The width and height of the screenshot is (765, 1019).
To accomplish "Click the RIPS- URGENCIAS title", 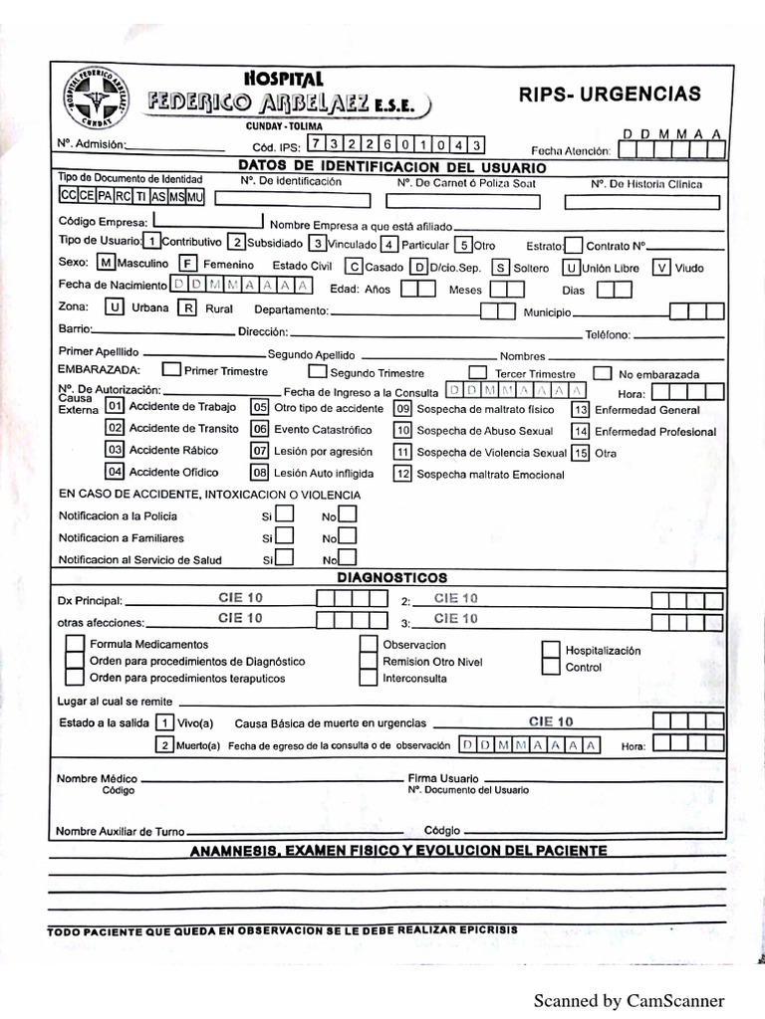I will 610,95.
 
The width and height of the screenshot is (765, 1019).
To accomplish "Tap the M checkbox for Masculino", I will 107,265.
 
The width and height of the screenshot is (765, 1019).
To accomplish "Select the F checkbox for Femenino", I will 186,265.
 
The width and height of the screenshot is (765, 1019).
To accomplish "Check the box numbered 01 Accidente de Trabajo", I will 115,407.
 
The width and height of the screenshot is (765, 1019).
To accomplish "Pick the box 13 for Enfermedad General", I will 580,409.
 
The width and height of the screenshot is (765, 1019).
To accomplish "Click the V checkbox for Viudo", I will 661,267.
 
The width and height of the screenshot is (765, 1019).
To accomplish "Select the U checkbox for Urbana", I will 115,307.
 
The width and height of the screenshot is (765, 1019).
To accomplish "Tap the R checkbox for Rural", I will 186,307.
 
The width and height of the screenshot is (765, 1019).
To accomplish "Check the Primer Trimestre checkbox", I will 170,370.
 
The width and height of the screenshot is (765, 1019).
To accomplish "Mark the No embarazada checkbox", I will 602,373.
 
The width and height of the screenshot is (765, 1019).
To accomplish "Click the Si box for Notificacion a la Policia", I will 284,514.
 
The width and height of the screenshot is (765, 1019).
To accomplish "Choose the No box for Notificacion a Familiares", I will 347,536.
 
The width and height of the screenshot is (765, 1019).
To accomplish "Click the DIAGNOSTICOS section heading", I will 391,578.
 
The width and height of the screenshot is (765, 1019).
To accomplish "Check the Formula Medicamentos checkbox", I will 75,644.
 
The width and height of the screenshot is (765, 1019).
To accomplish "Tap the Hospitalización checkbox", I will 551,650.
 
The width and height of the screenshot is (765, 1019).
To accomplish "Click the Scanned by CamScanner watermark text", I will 629,1000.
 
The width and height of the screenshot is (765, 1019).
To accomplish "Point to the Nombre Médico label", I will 98,777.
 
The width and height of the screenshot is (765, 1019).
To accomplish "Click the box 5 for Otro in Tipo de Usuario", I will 463,244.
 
